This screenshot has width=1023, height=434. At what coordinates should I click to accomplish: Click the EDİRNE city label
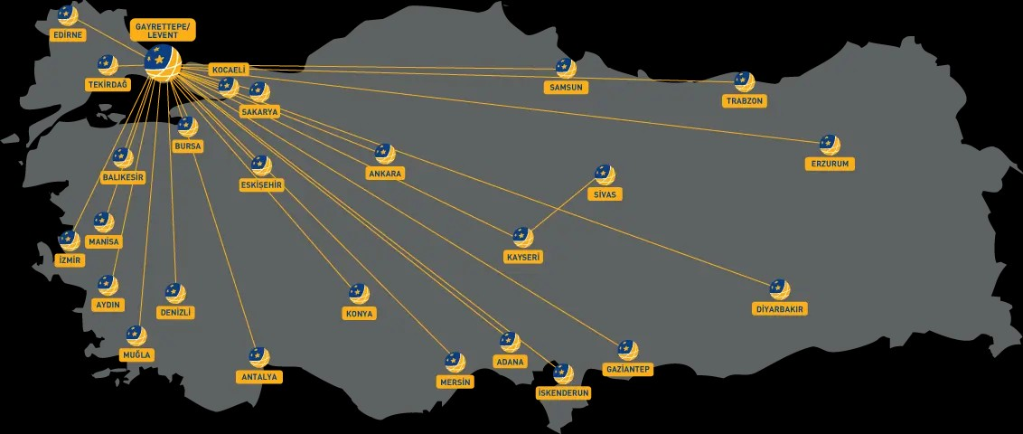[68, 34]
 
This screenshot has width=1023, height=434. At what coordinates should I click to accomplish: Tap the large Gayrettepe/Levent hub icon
[163, 62]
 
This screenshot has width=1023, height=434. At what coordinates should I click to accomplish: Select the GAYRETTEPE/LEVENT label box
[163, 30]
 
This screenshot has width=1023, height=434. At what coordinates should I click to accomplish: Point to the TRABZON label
[745, 101]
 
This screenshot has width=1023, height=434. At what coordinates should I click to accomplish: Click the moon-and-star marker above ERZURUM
[830, 145]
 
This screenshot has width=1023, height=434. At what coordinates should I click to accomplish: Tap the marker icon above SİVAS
[605, 175]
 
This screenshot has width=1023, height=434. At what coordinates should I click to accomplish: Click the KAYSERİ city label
[523, 257]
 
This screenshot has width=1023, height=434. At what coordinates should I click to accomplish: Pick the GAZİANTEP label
[628, 370]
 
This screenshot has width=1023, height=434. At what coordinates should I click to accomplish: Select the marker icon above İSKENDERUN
[563, 374]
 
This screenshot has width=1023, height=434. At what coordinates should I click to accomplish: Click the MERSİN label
[455, 382]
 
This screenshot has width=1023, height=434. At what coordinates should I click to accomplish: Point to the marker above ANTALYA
[259, 358]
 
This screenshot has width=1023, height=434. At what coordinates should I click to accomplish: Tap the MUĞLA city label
[136, 355]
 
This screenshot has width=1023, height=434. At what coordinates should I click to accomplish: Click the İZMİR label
[70, 259]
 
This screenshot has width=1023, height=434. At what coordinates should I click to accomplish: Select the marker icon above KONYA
[359, 294]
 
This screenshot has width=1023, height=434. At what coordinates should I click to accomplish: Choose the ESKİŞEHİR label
[261, 185]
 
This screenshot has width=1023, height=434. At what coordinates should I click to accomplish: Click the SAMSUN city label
[567, 88]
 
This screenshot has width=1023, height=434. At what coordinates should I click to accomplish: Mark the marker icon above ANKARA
[385, 154]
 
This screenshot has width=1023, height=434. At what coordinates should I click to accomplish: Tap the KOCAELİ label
[229, 70]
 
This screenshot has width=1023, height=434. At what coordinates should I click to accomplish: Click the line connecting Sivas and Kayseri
[564, 206]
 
